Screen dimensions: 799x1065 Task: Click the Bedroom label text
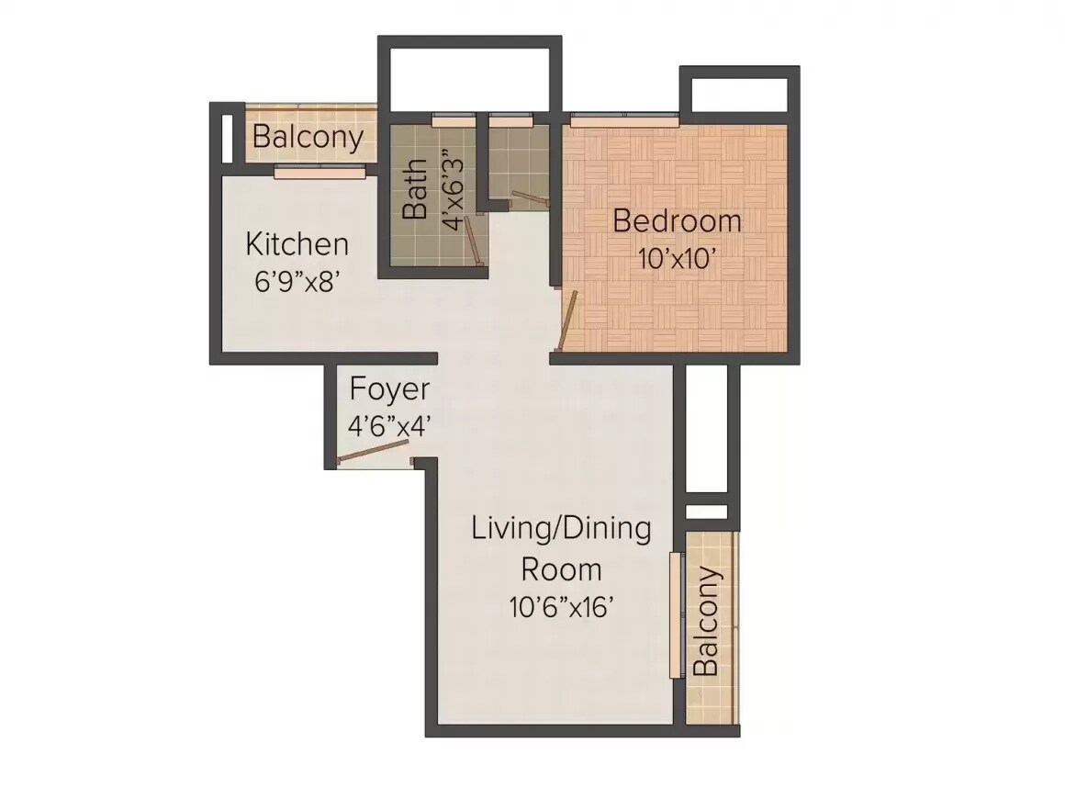tap(677, 221)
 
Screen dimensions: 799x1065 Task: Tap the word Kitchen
tap(297, 244)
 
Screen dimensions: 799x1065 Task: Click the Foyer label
tap(388, 389)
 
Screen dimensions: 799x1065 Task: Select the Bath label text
tap(415, 188)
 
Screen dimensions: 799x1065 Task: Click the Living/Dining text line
tap(561, 529)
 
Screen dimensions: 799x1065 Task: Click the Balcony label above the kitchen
tap(308, 138)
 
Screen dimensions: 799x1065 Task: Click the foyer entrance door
tap(373, 452)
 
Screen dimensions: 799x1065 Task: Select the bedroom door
tap(569, 319)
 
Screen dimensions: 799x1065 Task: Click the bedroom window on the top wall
tap(624, 119)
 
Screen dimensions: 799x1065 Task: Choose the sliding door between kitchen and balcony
tap(320, 172)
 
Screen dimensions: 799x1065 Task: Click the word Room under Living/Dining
tap(561, 569)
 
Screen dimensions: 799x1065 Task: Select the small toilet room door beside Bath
tap(527, 199)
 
